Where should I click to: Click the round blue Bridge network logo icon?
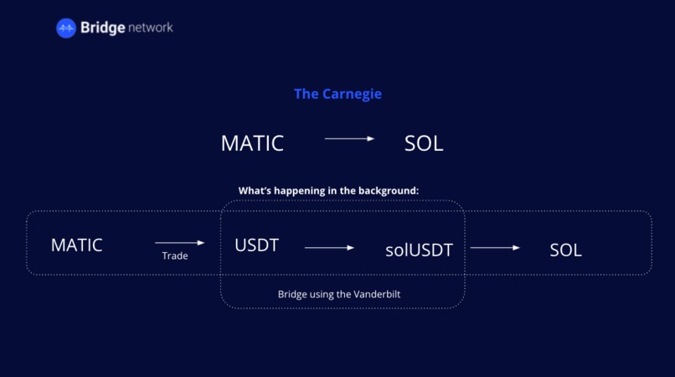66,28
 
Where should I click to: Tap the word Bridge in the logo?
102,28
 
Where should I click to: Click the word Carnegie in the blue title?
352,94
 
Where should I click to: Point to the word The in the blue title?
306,94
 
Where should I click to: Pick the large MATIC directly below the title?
252,143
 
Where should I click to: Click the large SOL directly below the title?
423,143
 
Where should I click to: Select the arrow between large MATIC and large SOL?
349,138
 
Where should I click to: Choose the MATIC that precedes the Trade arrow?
76,245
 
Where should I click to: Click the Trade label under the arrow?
175,256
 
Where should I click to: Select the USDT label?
256,245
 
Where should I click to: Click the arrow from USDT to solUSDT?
329,248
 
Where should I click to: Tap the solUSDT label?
419,250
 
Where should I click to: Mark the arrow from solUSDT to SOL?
495,248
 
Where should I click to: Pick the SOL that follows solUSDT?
565,250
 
